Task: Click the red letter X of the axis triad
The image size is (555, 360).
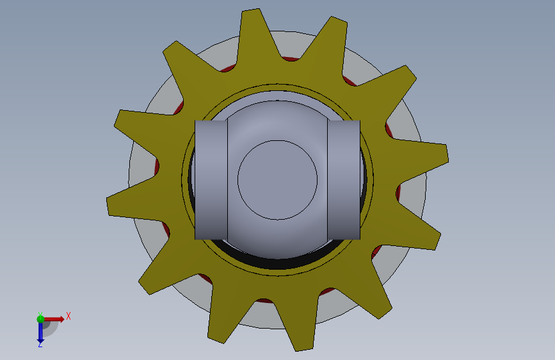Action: pyautogui.click(x=68, y=316)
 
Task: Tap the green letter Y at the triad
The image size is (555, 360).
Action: pyautogui.click(x=40, y=315)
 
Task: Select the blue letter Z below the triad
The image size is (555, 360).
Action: pyautogui.click(x=40, y=344)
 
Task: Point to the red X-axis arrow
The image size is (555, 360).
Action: pyautogui.click(x=54, y=319)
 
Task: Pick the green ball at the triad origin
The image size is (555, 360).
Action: pyautogui.click(x=40, y=319)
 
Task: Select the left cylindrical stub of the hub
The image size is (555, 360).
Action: pyautogui.click(x=211, y=180)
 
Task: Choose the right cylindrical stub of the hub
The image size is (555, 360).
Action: pyautogui.click(x=344, y=180)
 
